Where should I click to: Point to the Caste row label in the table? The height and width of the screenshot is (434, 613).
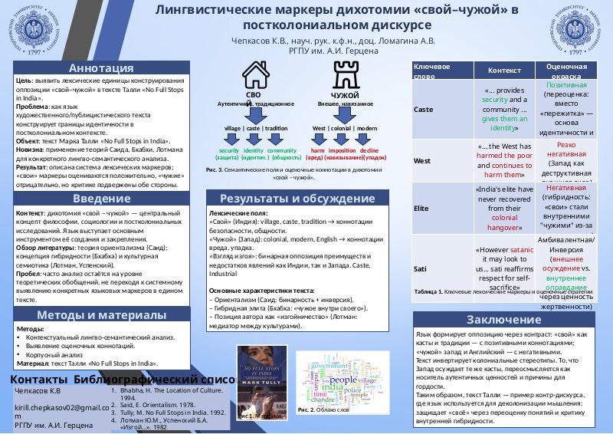423,109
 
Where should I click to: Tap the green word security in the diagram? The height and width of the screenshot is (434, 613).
228,151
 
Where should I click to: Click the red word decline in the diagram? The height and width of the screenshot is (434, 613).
369,151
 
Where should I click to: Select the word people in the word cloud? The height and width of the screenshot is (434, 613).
343,380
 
